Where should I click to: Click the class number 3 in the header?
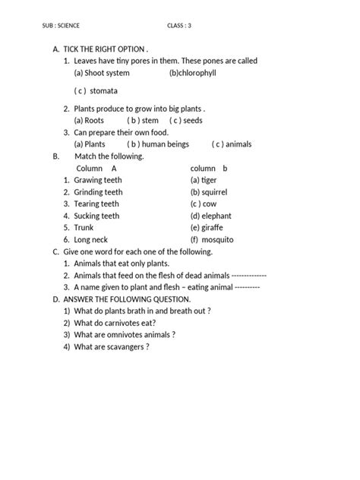click(190, 26)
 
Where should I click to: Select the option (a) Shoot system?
click(102, 73)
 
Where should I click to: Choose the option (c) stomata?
click(96, 90)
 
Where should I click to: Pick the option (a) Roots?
click(89, 120)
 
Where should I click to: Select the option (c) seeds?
click(186, 120)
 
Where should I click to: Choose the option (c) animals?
click(232, 144)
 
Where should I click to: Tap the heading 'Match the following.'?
click(109, 156)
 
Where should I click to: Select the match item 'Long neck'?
click(91, 239)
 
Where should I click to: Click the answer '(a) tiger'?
click(204, 180)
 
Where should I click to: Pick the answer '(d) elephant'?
click(211, 216)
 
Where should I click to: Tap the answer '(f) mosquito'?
click(212, 239)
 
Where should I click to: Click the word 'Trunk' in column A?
click(85, 227)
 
